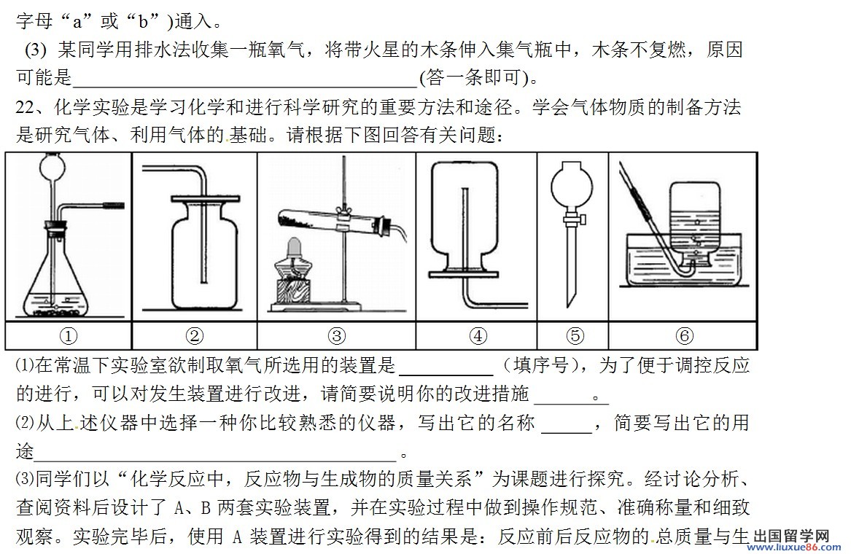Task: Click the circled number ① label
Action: tap(68, 336)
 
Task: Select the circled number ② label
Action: tap(194, 336)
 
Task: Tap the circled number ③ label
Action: tap(336, 336)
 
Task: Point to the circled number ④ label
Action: tap(478, 336)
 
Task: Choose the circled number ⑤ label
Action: tap(575, 336)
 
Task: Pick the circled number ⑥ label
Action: tap(683, 336)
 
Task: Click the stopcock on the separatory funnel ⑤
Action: tap(575, 216)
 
